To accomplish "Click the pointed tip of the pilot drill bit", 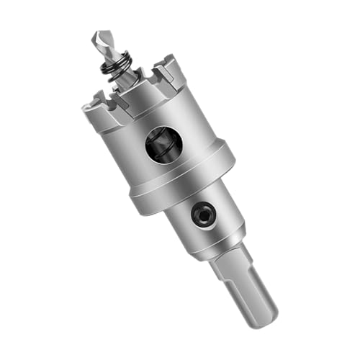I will (x=96, y=33).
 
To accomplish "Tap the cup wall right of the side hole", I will (x=191, y=133).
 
